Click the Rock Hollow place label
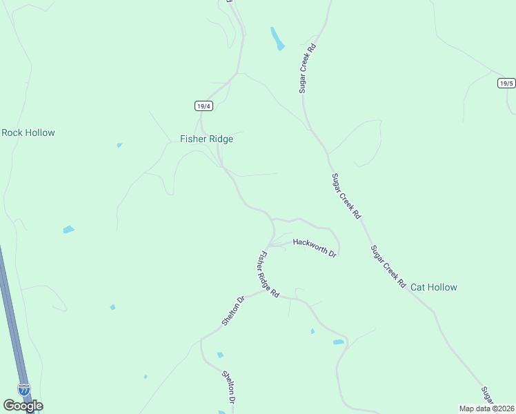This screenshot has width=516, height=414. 28,132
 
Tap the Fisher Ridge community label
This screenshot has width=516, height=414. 206,139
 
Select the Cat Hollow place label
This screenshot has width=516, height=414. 433,287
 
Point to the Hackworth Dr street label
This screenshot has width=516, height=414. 315,247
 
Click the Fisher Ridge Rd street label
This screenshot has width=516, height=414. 268,274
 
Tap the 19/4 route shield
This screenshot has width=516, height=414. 202,106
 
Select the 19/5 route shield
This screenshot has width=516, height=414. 506,83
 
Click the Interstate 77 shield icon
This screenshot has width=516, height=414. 24,390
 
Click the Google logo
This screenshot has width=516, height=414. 23,406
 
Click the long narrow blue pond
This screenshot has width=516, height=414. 277,39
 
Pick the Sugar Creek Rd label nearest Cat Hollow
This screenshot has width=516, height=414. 387,266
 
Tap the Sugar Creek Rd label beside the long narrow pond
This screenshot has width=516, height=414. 307,68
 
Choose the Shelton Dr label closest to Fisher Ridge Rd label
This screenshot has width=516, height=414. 234,311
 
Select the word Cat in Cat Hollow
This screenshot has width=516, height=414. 418,287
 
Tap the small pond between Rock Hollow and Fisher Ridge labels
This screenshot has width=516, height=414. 119,145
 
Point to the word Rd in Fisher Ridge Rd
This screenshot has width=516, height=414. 275,293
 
